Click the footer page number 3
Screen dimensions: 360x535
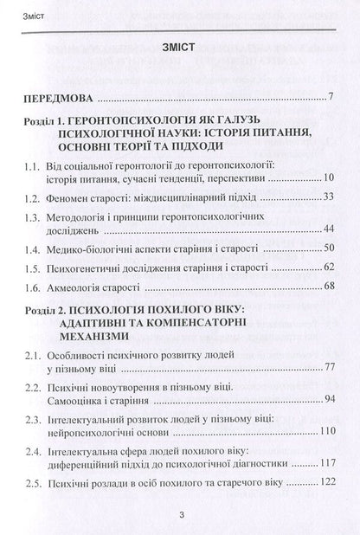[x=179, y=515]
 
